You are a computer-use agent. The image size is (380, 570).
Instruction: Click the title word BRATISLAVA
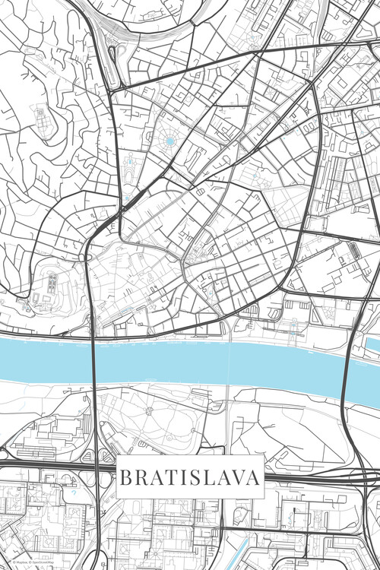pyautogui.click(x=189, y=478)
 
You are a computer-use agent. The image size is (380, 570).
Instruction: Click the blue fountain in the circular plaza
pyautogui.click(x=169, y=141)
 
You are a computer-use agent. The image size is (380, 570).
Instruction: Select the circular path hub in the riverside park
pyautogui.click(x=149, y=410)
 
